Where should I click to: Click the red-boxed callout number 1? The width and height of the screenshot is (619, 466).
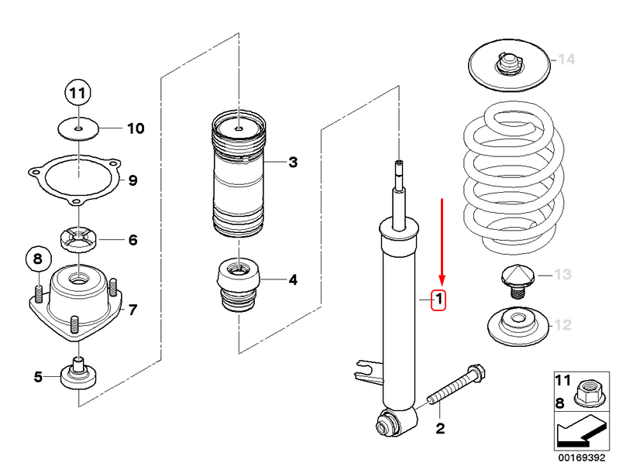(438, 299)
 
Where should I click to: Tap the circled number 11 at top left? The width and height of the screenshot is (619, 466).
(77, 93)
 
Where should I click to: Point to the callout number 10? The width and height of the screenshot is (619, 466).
(135, 128)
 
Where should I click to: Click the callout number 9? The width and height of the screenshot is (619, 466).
(132, 181)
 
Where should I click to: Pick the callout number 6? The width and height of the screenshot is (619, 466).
(132, 240)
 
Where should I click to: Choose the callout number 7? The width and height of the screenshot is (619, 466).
(132, 310)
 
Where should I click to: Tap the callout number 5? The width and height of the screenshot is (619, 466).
(38, 377)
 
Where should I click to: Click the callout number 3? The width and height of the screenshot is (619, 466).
(292, 163)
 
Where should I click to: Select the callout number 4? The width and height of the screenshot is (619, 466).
(292, 279)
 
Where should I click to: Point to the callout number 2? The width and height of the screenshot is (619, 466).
(439, 428)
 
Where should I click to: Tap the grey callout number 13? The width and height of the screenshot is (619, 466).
(562, 275)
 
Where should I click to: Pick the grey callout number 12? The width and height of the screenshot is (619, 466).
(562, 326)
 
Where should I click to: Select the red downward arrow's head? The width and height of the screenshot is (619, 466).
(442, 280)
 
